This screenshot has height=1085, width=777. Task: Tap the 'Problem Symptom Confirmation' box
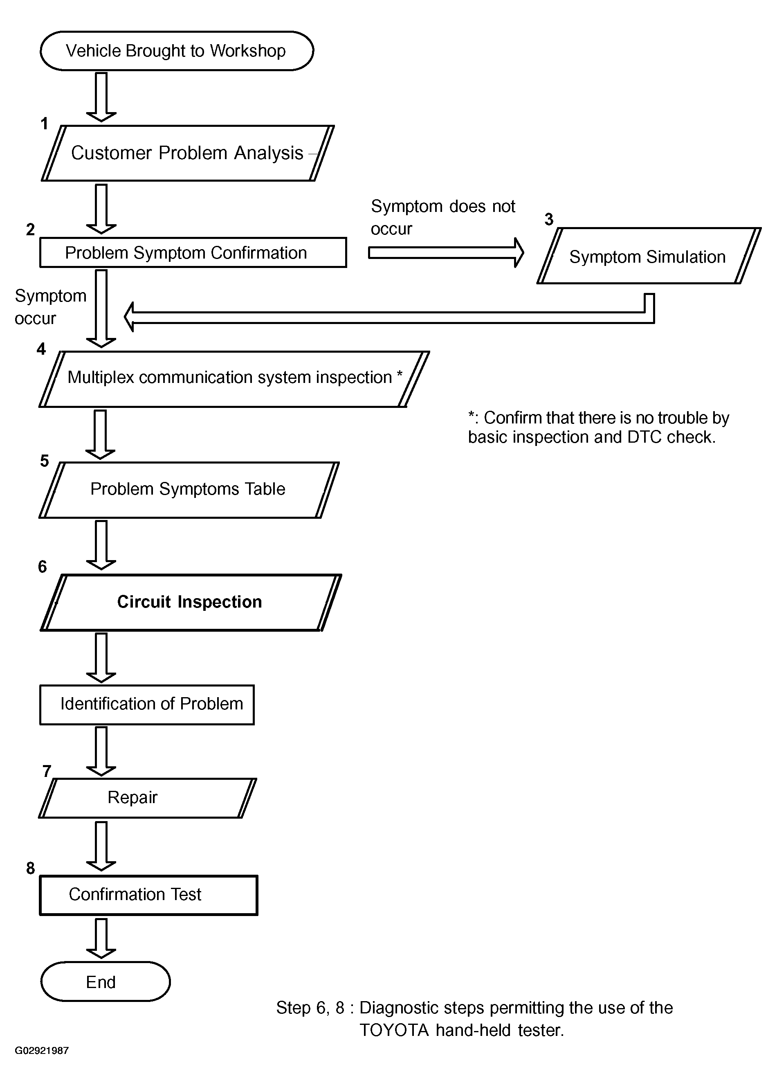click(x=193, y=252)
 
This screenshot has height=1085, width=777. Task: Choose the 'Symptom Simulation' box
click(x=649, y=256)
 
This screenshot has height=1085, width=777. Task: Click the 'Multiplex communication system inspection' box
click(x=234, y=379)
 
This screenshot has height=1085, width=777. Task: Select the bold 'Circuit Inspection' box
click(x=191, y=602)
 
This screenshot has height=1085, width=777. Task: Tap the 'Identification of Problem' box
click(x=147, y=705)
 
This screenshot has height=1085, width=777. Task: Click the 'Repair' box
click(x=147, y=798)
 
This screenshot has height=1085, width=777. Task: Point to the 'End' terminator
click(x=106, y=981)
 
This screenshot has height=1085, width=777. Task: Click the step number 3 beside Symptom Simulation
click(x=549, y=219)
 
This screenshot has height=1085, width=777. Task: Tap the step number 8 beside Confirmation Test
click(x=31, y=868)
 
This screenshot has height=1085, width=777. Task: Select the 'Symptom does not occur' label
click(x=443, y=217)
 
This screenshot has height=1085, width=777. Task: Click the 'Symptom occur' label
click(x=50, y=307)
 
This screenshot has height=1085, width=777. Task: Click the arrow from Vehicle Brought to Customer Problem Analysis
click(x=101, y=97)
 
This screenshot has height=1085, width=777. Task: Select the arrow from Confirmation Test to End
click(x=101, y=939)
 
